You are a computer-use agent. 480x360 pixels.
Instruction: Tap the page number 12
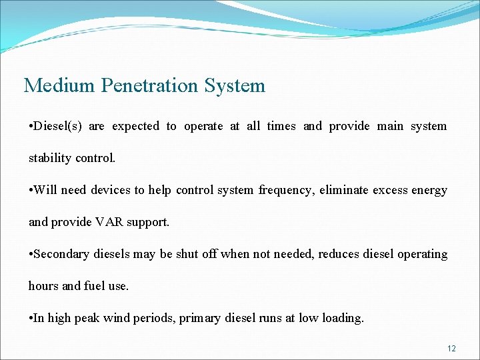click(x=451, y=349)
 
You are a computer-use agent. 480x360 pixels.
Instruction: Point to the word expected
click(x=135, y=126)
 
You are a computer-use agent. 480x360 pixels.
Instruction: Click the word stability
click(x=49, y=158)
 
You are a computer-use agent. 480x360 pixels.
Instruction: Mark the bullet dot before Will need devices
click(x=31, y=191)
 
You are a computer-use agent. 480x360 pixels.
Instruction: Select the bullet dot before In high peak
click(x=31, y=319)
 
